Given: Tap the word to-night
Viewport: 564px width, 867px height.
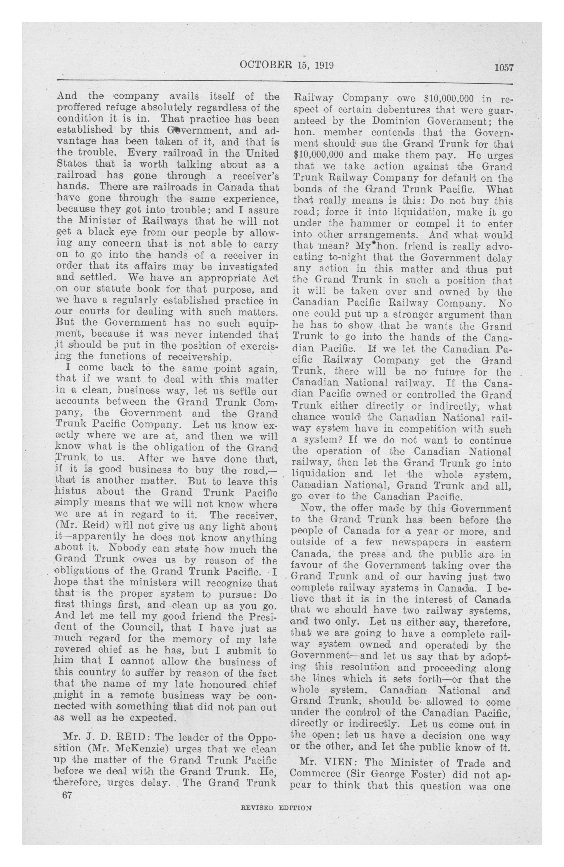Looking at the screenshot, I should coord(353,258).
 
